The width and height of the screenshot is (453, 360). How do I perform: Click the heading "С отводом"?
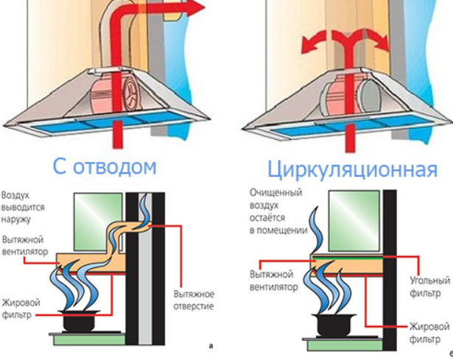pyautogui.click(x=105, y=166)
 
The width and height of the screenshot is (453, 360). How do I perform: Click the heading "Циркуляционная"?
pyautogui.click(x=352, y=170)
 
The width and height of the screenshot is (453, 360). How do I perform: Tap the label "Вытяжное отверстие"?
pyautogui.click(x=194, y=300)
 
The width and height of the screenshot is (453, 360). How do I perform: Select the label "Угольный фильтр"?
pyautogui.click(x=429, y=286)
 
